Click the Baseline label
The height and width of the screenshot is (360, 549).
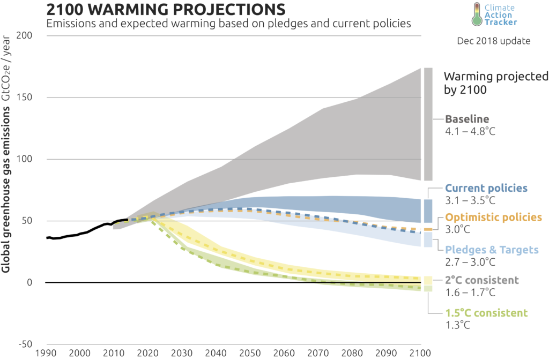tap(466, 119)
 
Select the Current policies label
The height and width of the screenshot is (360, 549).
tap(487, 189)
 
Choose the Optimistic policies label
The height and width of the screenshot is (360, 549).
tap(494, 218)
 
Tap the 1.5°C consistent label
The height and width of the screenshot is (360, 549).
tap(486, 313)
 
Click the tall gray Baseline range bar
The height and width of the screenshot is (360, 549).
tap(428, 124)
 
